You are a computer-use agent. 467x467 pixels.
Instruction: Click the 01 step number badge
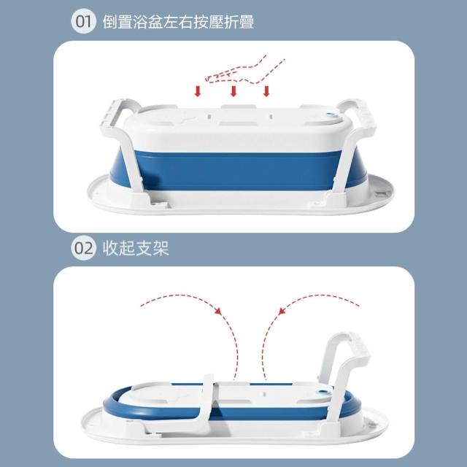pyautogui.click(x=83, y=21)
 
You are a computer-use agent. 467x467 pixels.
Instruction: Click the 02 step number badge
pyautogui.click(x=83, y=248)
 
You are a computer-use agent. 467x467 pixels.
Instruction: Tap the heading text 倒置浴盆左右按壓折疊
pyautogui.click(x=178, y=22)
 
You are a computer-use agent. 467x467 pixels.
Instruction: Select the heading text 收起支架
pyautogui.click(x=136, y=248)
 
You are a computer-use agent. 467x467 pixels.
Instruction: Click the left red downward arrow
pyautogui.click(x=198, y=91)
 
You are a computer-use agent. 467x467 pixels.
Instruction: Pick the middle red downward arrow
pyautogui.click(x=233, y=91)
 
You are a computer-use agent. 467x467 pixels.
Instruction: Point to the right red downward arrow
pyautogui.click(x=266, y=91)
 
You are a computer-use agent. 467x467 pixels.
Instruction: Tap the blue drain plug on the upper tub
pyautogui.click(x=331, y=114)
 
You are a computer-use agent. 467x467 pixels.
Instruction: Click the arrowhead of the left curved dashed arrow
pyautogui.click(x=218, y=311)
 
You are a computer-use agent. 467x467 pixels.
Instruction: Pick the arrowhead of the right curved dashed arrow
pyautogui.click(x=282, y=311)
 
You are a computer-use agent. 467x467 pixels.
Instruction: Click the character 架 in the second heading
pyautogui.click(x=161, y=248)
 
